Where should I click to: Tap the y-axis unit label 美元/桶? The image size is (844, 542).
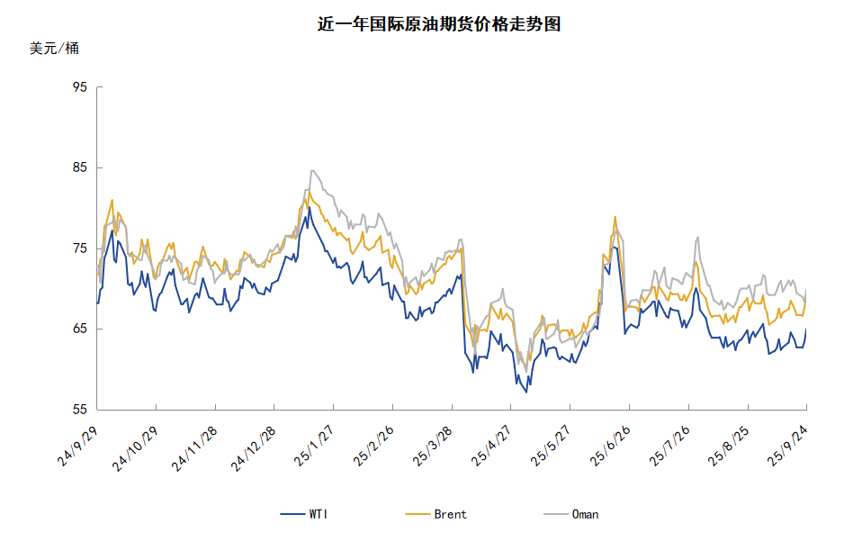click(x=54, y=49)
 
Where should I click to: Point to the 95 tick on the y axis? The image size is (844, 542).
click(x=79, y=87)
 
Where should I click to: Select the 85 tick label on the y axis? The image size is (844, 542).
click(x=79, y=167)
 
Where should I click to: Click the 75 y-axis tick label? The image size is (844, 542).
click(x=79, y=248)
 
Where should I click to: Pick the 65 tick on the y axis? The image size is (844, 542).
click(x=79, y=329)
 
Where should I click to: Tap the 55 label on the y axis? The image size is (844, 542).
click(x=79, y=410)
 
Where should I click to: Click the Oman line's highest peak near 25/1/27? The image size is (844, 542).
click(x=312, y=171)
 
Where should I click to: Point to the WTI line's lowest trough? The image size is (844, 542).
click(x=526, y=392)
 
